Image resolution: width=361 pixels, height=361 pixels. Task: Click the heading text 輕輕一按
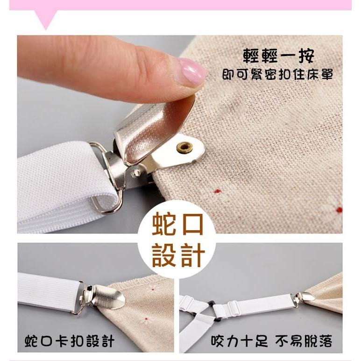pos(279,57)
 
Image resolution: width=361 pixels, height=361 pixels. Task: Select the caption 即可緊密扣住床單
pos(277,75)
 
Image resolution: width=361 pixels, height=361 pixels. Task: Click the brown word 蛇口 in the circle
pos(178,225)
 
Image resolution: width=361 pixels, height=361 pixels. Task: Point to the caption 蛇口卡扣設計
pos(70,341)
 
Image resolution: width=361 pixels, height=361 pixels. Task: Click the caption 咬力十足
pos(240,341)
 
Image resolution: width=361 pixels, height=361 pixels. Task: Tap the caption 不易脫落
pos(304,341)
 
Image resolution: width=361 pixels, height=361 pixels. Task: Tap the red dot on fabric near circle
pos(217,191)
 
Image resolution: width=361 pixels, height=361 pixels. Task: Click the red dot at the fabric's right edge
pos(339,210)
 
